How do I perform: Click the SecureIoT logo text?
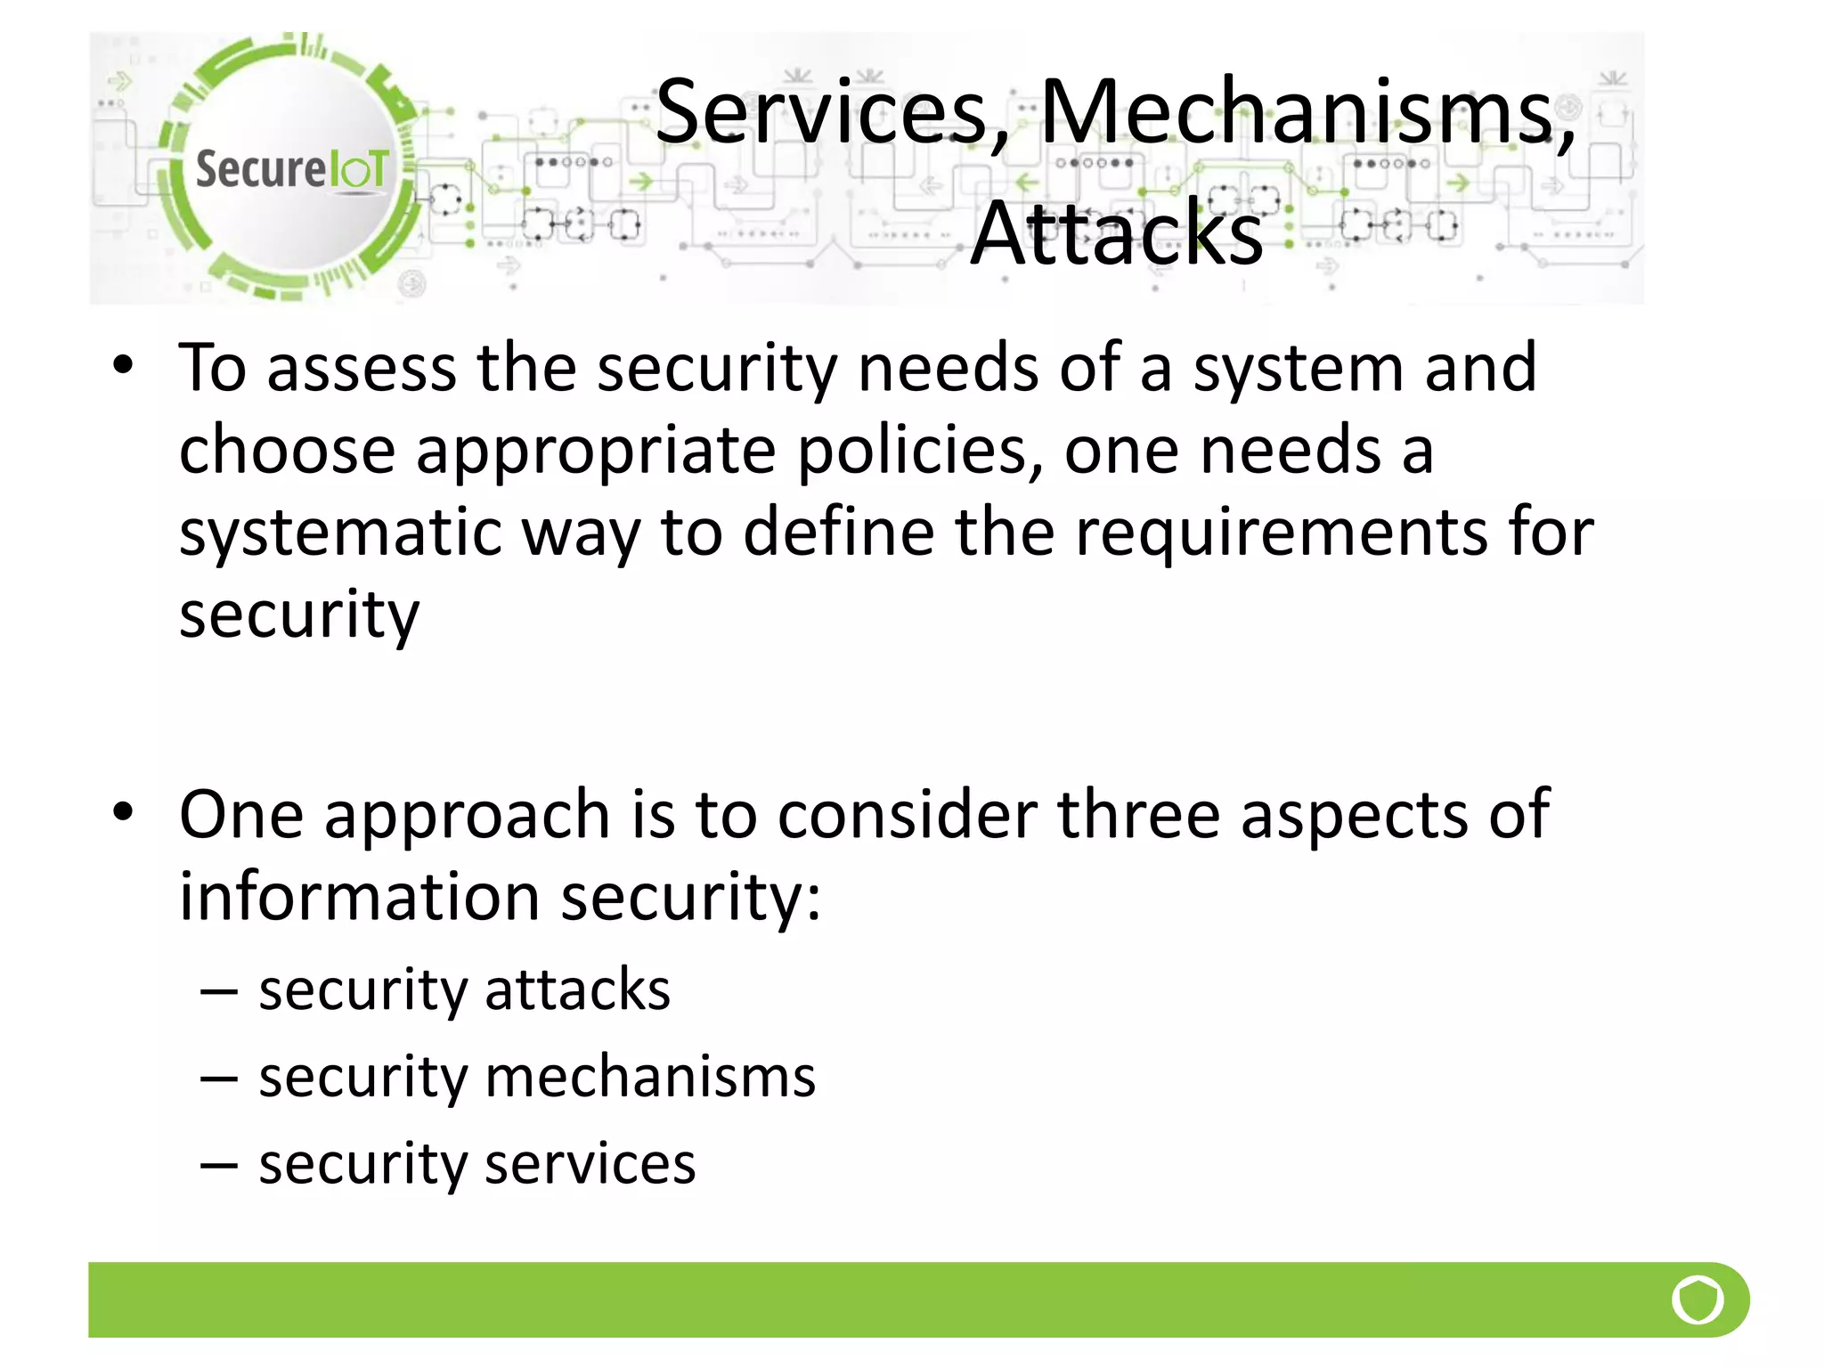(x=291, y=169)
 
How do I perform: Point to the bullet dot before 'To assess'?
(x=123, y=366)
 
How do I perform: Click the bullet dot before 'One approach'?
(x=123, y=812)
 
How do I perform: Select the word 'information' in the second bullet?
(x=359, y=896)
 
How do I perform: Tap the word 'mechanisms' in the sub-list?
(x=649, y=1077)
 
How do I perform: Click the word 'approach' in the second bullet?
(x=467, y=816)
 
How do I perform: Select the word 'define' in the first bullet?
(x=838, y=533)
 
